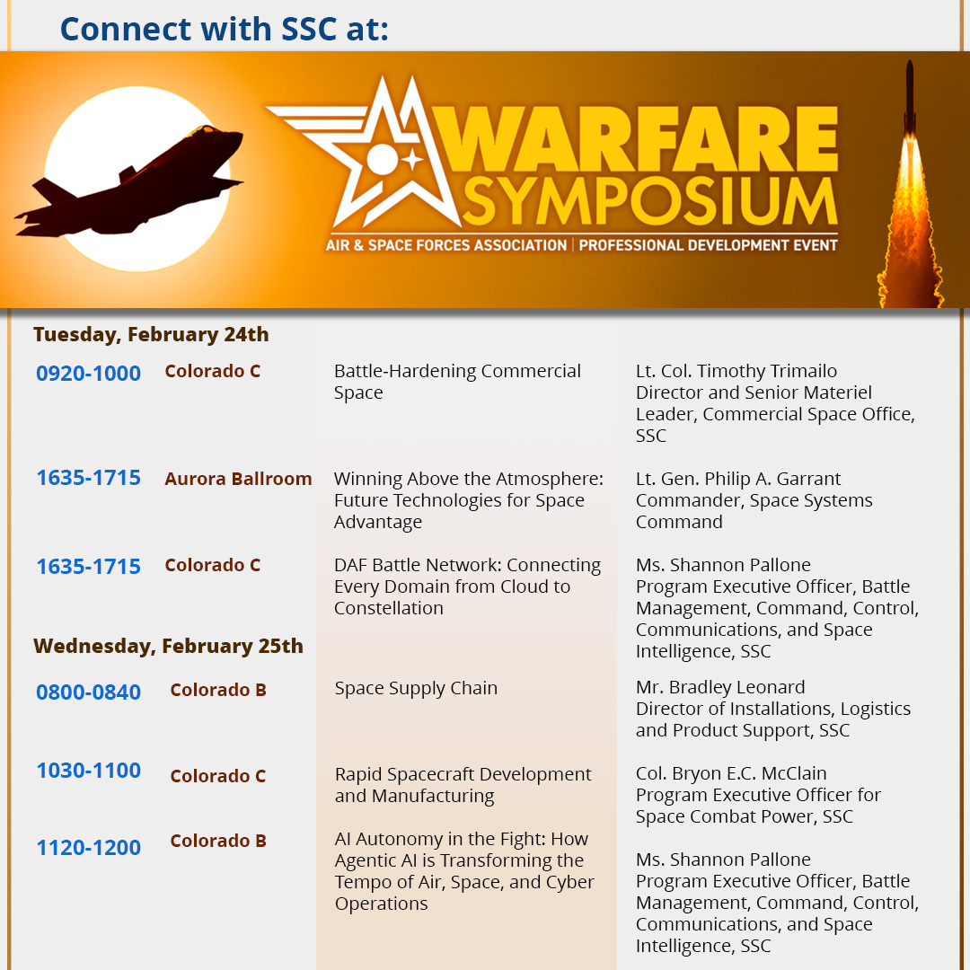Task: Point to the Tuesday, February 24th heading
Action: point(151,335)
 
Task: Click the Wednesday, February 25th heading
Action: point(168,647)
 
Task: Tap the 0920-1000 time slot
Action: point(88,374)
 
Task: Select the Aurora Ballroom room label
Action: point(238,479)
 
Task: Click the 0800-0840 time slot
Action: point(88,692)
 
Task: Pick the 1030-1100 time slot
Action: point(88,771)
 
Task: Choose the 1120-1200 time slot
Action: point(88,848)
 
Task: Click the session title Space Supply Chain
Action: point(416,689)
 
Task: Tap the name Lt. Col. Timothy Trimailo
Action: point(736,371)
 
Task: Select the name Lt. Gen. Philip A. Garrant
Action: point(738,479)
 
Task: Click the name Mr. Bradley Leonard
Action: point(720,687)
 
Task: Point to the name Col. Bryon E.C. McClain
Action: point(731,773)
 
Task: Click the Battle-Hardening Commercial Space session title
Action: point(457,382)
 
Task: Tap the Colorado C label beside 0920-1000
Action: point(212,371)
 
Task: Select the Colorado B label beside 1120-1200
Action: point(218,842)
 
